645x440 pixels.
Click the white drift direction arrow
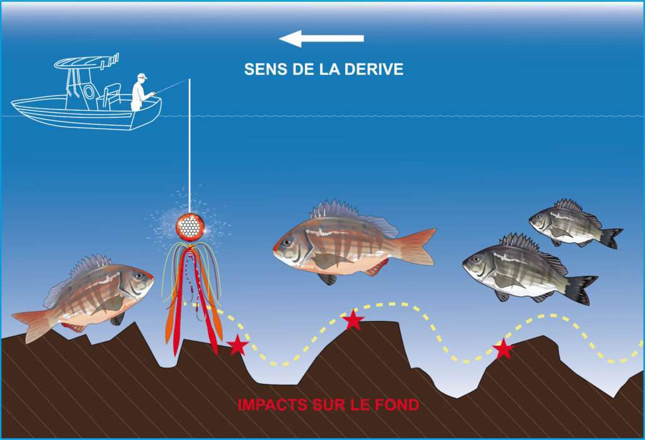tap(321, 38)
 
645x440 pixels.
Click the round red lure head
tap(190, 226)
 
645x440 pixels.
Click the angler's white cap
tap(142, 76)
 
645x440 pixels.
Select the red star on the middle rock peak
tap(353, 319)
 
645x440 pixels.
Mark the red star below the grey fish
tap(503, 349)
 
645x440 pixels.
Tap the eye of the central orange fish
tap(287, 242)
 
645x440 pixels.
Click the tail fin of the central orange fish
tap(416, 246)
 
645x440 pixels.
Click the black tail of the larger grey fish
tap(581, 289)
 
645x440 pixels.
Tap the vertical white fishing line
tap(189, 146)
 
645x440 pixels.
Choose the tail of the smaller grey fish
tap(610, 238)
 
